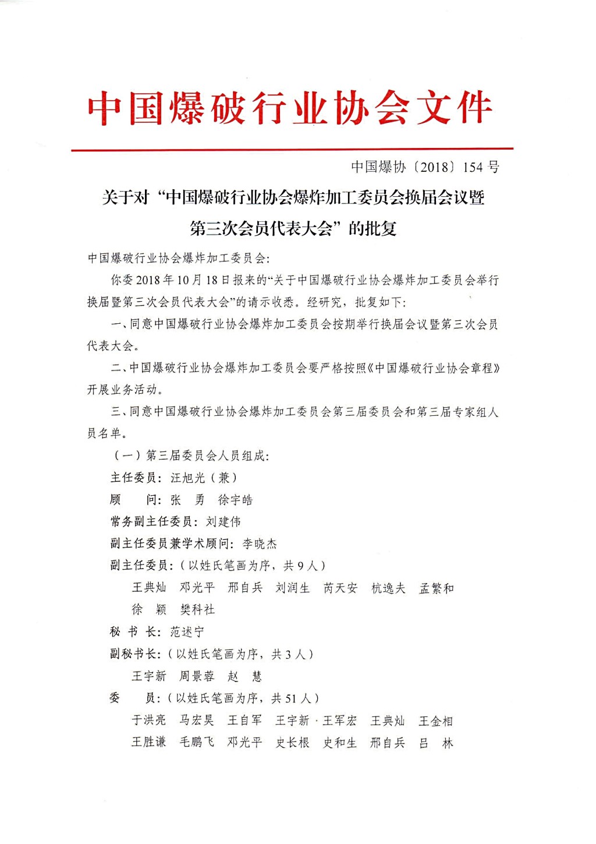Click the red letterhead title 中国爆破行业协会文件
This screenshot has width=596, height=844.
(290, 108)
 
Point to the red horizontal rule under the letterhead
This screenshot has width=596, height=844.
(292, 150)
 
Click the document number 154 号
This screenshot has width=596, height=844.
(481, 167)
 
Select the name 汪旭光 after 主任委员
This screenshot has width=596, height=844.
(188, 478)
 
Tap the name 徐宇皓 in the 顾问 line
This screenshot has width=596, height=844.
(235, 500)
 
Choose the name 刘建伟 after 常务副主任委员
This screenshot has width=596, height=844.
(223, 521)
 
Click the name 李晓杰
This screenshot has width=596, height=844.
(260, 543)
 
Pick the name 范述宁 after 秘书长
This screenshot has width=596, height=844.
(187, 631)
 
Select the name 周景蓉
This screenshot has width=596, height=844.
(197, 676)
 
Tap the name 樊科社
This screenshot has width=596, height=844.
(197, 609)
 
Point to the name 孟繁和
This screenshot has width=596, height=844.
(437, 588)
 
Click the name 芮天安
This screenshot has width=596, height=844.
(340, 588)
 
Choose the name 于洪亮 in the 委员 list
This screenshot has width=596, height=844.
(149, 720)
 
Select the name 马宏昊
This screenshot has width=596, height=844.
(197, 720)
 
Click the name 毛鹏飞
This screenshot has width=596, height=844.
(197, 742)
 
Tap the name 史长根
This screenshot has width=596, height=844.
(293, 742)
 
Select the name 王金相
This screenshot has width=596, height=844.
(436, 721)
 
